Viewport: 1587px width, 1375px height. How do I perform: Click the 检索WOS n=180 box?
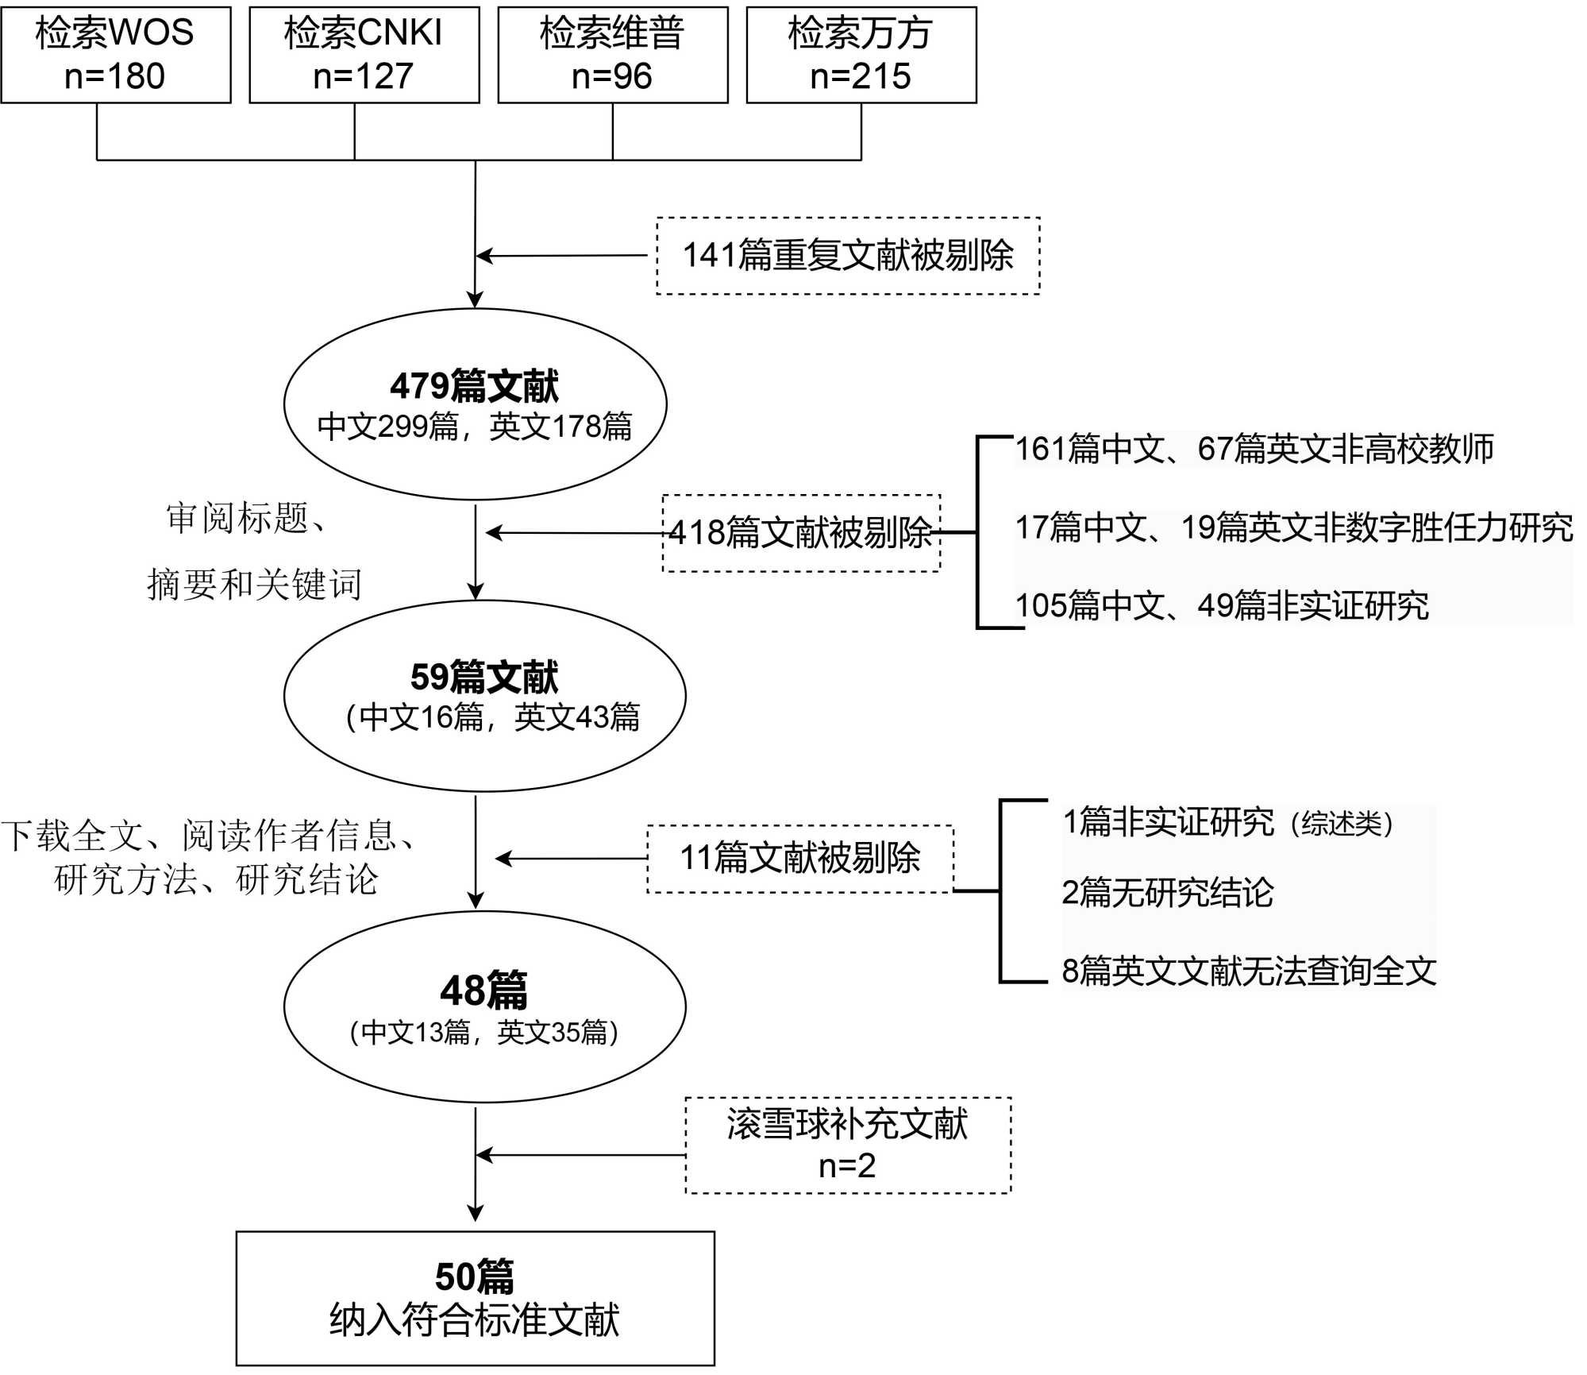pyautogui.click(x=116, y=55)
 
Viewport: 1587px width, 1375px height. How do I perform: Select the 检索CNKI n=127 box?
pyautogui.click(x=364, y=55)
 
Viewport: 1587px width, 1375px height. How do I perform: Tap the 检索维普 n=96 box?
pyautogui.click(x=613, y=55)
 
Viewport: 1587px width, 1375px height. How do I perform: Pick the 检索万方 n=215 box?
pyautogui.click(x=861, y=55)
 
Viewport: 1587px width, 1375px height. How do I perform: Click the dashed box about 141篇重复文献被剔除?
pyautogui.click(x=848, y=256)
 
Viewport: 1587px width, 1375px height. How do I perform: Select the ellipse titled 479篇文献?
pyautogui.click(x=475, y=404)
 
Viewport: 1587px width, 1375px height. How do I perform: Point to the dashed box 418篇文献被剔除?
pyautogui.click(x=801, y=532)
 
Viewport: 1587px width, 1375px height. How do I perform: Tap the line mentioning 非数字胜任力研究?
pyautogui.click(x=1294, y=527)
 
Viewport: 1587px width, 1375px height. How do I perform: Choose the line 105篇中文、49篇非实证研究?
pyautogui.click(x=1223, y=606)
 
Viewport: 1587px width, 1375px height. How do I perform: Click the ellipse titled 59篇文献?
pyautogui.click(x=484, y=696)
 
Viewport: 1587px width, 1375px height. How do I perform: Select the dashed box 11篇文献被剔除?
pyautogui.click(x=800, y=859)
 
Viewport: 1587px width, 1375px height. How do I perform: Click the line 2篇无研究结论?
pyautogui.click(x=1168, y=893)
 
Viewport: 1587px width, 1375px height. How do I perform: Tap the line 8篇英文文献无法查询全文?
pyautogui.click(x=1250, y=971)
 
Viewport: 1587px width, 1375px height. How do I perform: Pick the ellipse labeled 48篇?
pyautogui.click(x=484, y=1006)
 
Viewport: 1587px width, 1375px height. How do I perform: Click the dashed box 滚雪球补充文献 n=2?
pyautogui.click(x=848, y=1145)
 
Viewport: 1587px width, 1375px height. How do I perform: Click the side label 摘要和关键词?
pyautogui.click(x=254, y=585)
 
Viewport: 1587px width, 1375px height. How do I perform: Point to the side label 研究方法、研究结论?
pyautogui.click(x=216, y=879)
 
